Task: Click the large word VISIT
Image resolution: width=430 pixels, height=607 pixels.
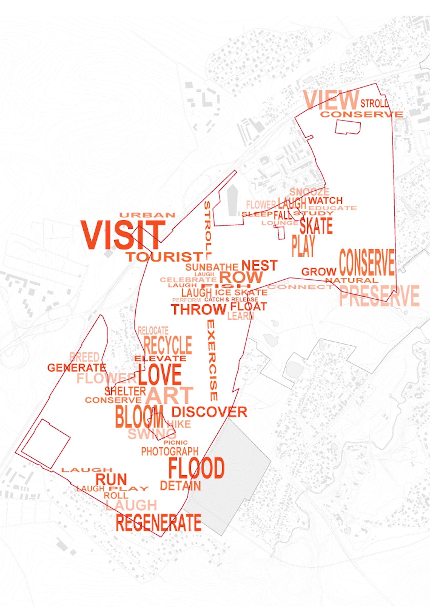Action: coord(123,235)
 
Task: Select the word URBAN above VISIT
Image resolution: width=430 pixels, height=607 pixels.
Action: coord(147,215)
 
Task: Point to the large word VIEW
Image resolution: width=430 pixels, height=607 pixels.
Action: coord(331,100)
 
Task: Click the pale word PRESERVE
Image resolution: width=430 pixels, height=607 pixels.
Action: coord(379,296)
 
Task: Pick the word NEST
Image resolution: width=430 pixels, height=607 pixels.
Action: coord(260,266)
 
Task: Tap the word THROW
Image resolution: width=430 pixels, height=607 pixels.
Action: coord(199,309)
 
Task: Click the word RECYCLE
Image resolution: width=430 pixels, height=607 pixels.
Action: coord(168,345)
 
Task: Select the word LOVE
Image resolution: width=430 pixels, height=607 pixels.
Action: coord(160,375)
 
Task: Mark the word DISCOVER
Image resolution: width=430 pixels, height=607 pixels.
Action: coord(209,412)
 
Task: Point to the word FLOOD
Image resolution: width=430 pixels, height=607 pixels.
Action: coord(197,468)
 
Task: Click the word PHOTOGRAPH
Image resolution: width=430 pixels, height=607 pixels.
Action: coord(170,451)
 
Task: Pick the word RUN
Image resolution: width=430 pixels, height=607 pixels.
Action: coord(111,479)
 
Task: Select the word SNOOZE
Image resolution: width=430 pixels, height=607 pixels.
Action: coord(309,192)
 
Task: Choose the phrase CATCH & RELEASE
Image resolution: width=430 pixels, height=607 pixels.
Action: coord(231,300)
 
